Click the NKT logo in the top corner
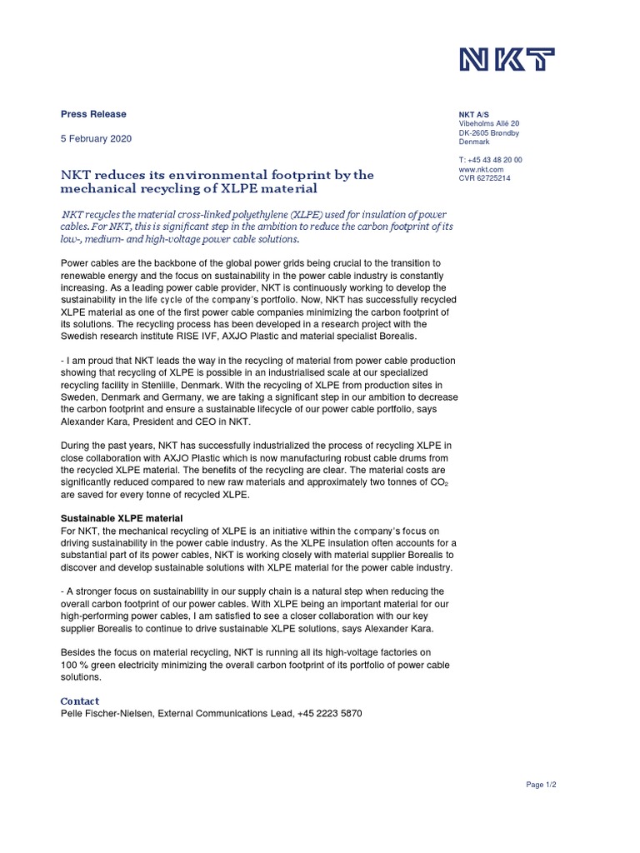(507, 61)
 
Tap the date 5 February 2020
(96, 139)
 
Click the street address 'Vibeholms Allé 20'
(489, 123)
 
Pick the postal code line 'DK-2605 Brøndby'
(489, 133)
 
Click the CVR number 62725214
(485, 178)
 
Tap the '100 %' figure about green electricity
(76, 664)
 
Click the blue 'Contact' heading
(81, 701)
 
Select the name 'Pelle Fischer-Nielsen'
(107, 714)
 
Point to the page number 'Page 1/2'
(541, 785)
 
